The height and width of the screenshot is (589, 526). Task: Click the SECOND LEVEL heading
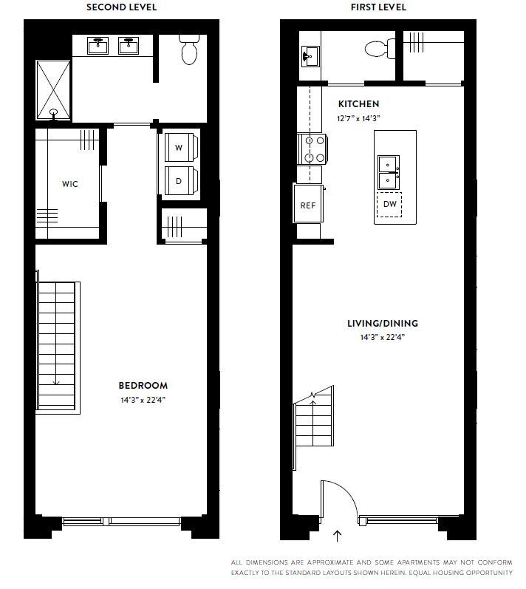point(121,7)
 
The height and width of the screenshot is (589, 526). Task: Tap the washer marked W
point(178,147)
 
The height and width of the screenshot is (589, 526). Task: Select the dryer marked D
point(178,180)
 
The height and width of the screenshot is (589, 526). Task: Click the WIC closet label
point(69,184)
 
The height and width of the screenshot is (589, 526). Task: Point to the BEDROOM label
point(143,385)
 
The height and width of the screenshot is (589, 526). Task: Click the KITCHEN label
point(358,104)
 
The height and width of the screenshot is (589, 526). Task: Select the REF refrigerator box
point(307,205)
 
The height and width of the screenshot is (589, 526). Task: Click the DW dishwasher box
point(390,204)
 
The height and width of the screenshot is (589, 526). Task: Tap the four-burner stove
point(310,149)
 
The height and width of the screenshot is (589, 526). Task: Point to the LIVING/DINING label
point(383,323)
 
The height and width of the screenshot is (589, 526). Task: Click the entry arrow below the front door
point(338,536)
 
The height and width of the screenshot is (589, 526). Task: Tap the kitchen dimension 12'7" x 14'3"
point(358,118)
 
